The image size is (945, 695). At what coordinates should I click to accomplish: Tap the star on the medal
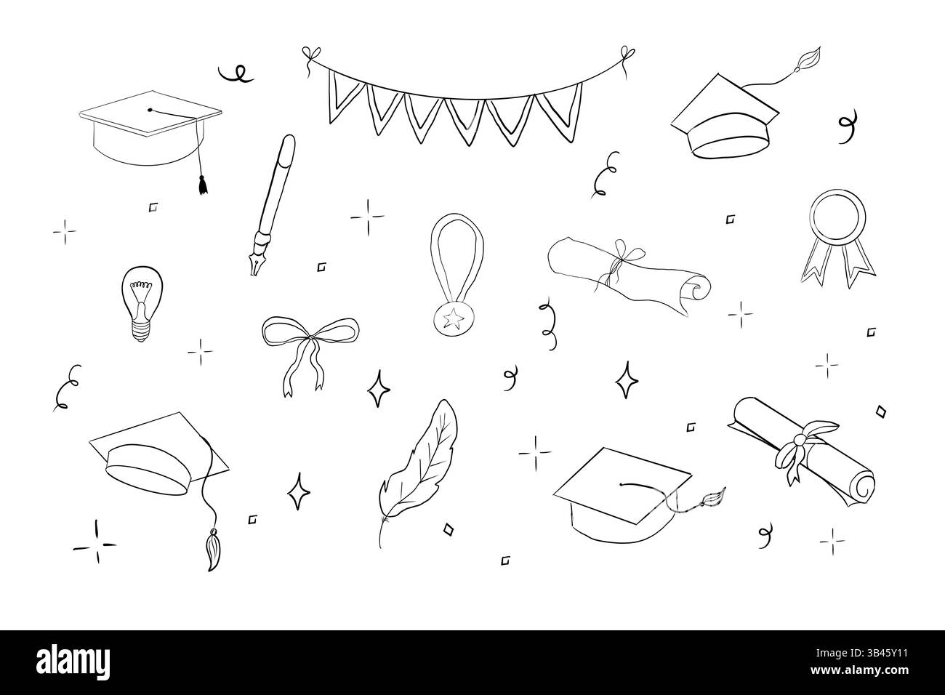click(x=446, y=318)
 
